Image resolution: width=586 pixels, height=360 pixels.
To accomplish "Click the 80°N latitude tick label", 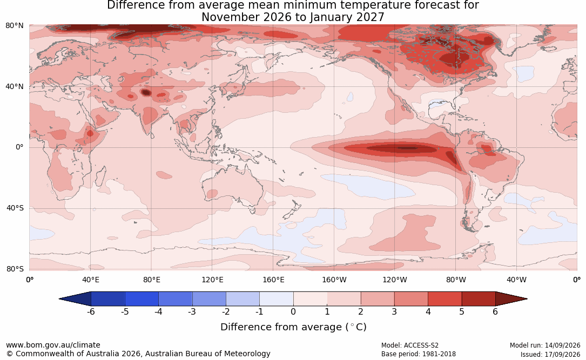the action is coord(15,26).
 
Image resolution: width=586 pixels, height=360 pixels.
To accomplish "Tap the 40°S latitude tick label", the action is coord(15,208).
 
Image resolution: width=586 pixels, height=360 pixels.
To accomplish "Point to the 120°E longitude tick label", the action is coord(212,280).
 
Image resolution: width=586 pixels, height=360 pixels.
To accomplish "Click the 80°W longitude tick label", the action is coord(456,280).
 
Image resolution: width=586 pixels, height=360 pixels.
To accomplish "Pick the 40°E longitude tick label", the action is coord(90,280).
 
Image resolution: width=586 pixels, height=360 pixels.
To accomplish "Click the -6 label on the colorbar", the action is coord(91,311).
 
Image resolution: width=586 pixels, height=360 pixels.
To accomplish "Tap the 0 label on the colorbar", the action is coord(293,311).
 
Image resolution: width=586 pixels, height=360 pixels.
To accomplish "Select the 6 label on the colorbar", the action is coord(495,311).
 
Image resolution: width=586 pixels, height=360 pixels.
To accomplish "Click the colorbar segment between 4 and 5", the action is coord(444,299).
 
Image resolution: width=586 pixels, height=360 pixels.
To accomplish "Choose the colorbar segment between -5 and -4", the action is coord(142,299).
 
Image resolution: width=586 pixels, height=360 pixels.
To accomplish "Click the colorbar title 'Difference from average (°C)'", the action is coord(293,327).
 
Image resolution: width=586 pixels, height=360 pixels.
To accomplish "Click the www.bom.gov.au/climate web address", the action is coord(53,345).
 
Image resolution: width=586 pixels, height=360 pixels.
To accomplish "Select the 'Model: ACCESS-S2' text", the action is coord(409,345).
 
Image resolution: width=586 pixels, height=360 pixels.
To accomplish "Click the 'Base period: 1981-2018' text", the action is coord(418,354).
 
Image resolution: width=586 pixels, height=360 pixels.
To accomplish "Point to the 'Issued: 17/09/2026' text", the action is coord(550,354).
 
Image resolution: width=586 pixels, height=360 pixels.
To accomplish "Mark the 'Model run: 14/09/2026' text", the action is coord(545,345).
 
